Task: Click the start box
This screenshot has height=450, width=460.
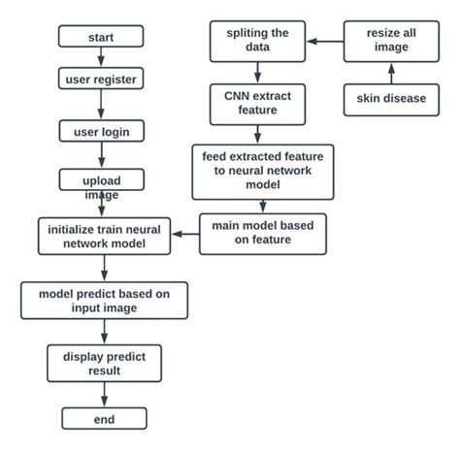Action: (x=101, y=37)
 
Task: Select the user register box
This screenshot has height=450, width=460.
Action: (x=101, y=79)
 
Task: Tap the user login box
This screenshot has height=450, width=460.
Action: (x=101, y=130)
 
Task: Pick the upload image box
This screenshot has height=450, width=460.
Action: (x=101, y=180)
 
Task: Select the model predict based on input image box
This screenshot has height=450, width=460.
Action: (x=104, y=301)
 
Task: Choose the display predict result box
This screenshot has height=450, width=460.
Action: (x=104, y=363)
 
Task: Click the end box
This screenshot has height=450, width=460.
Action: (x=104, y=419)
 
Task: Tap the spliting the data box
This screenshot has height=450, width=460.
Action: (x=257, y=42)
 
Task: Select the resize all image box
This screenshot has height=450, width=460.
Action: (x=389, y=42)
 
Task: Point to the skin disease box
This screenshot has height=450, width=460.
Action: (x=389, y=100)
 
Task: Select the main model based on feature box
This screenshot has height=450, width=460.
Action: (x=263, y=234)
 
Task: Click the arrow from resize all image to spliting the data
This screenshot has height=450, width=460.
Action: (x=324, y=42)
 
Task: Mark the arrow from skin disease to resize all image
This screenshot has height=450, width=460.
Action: (x=389, y=74)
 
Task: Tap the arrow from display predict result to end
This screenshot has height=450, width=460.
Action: (x=104, y=395)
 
